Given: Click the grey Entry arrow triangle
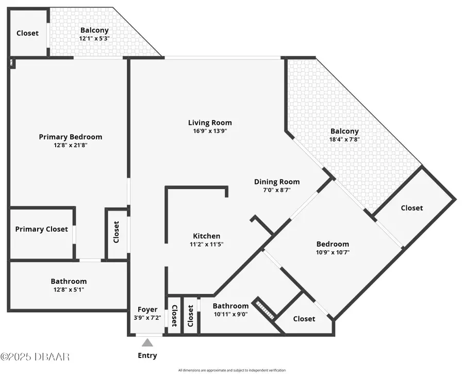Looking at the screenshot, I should pyautogui.click(x=147, y=343).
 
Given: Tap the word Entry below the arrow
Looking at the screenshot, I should pyautogui.click(x=147, y=355).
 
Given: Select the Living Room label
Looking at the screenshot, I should pyautogui.click(x=210, y=123).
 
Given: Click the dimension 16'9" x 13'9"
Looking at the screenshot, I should pyautogui.click(x=210, y=131).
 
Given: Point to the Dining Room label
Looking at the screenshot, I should pyautogui.click(x=277, y=182).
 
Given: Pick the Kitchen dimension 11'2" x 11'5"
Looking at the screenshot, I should pyautogui.click(x=206, y=245).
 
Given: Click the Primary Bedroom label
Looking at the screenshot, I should pyautogui.click(x=71, y=137).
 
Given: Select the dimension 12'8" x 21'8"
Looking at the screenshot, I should pyautogui.click(x=71, y=145).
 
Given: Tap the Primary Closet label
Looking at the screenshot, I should pyautogui.click(x=41, y=229).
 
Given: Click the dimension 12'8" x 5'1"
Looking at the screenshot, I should pyautogui.click(x=69, y=289).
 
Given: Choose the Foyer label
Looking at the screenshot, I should pyautogui.click(x=147, y=310).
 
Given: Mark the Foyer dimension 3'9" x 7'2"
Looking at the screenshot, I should pyautogui.click(x=147, y=318).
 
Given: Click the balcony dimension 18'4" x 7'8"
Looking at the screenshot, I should pyautogui.click(x=344, y=139).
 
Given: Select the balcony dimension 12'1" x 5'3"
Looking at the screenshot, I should pyautogui.click(x=94, y=39).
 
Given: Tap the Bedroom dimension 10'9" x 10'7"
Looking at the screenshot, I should pyautogui.click(x=333, y=252).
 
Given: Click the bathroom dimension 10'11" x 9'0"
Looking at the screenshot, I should pyautogui.click(x=230, y=314).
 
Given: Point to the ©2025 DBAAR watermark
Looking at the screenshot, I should pyautogui.click(x=35, y=356).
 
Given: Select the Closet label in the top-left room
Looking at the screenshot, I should pyautogui.click(x=27, y=33).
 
